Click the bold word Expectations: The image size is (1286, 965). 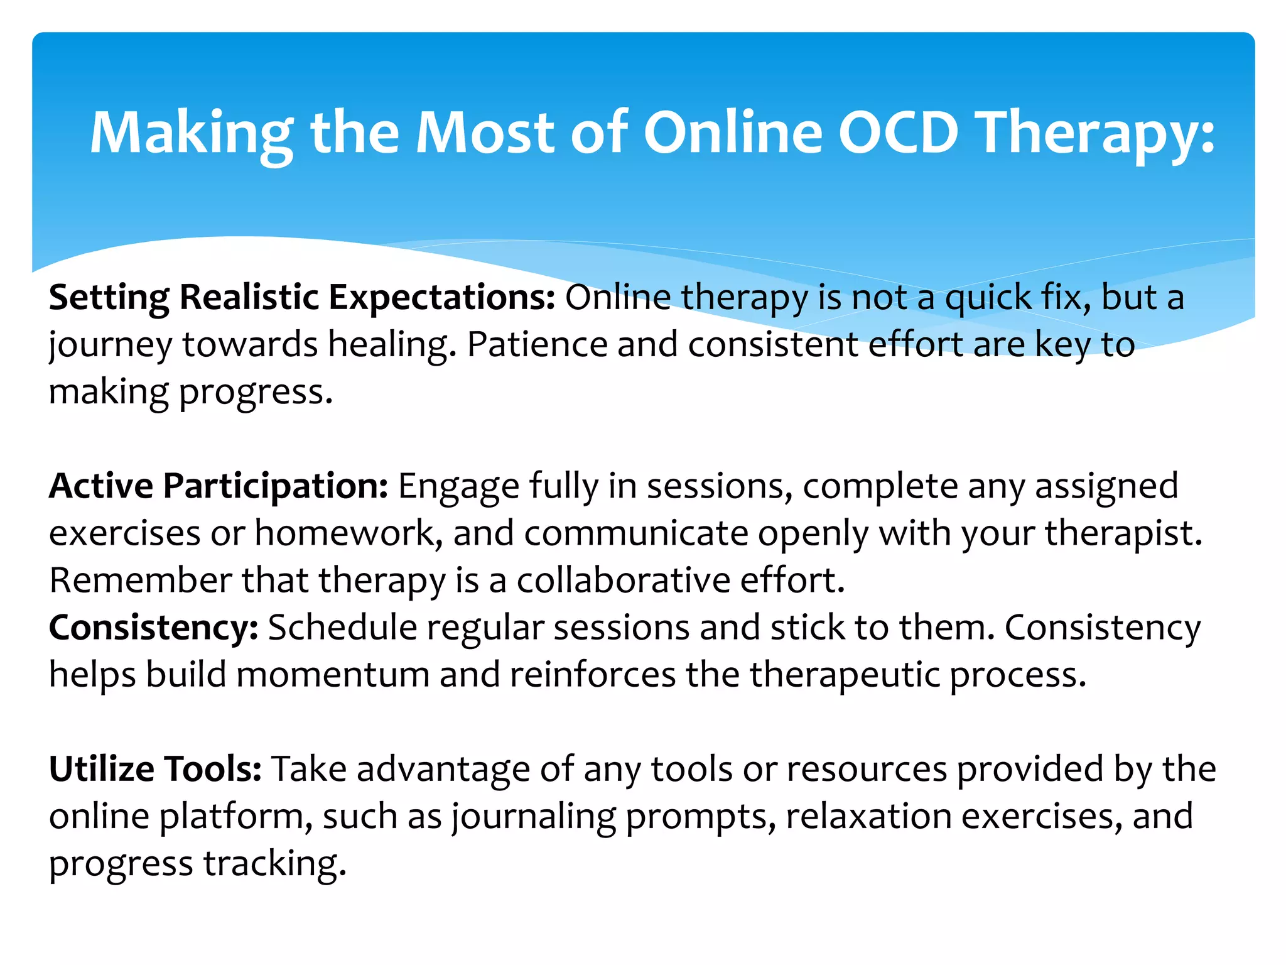(442, 297)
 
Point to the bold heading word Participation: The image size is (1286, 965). (276, 486)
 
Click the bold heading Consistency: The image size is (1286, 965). (153, 628)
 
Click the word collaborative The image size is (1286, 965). (624, 581)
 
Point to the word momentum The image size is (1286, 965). (333, 675)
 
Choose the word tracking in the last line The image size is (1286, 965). (274, 864)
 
